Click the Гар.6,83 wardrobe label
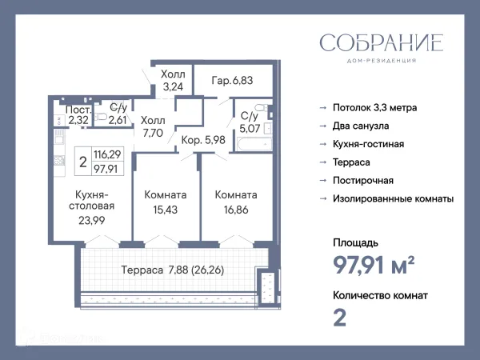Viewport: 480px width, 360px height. pyautogui.click(x=232, y=81)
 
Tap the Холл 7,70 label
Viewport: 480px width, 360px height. pyautogui.click(x=152, y=127)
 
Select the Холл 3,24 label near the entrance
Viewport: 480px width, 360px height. pyautogui.click(x=174, y=81)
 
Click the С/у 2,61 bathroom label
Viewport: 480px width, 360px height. pyautogui.click(x=118, y=114)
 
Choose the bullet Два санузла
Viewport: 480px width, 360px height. pyautogui.click(x=361, y=126)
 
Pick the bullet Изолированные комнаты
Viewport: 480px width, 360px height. pyautogui.click(x=393, y=198)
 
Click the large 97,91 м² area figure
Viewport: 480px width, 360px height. pyautogui.click(x=373, y=262)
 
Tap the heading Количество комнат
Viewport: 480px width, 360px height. pyautogui.click(x=379, y=295)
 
